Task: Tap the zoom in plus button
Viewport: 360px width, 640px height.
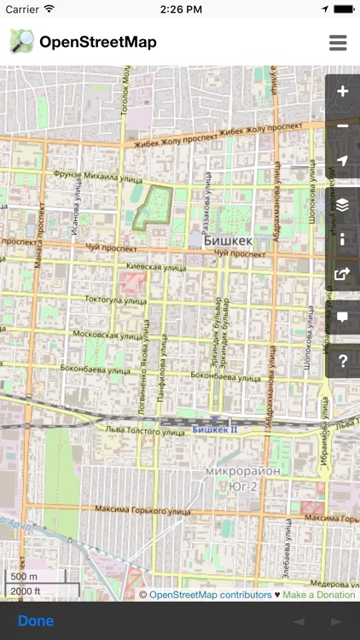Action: point(343,92)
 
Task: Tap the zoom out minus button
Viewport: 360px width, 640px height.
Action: point(343,126)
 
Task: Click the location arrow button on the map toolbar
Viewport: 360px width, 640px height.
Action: point(343,161)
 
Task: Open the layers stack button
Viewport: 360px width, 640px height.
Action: point(343,205)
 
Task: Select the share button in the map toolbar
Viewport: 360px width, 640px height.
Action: point(343,274)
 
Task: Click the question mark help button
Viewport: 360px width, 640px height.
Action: point(343,360)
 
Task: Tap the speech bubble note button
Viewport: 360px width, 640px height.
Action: point(343,317)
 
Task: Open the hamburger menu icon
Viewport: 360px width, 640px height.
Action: point(338,43)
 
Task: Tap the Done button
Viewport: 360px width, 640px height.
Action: point(36,620)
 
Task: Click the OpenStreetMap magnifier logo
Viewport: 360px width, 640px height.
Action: point(22,42)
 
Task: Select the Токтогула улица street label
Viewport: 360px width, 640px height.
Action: point(116,300)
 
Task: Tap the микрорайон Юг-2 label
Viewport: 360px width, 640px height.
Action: point(231,477)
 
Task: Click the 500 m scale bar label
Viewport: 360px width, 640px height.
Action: point(23,577)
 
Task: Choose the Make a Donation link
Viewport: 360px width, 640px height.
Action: point(319,595)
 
